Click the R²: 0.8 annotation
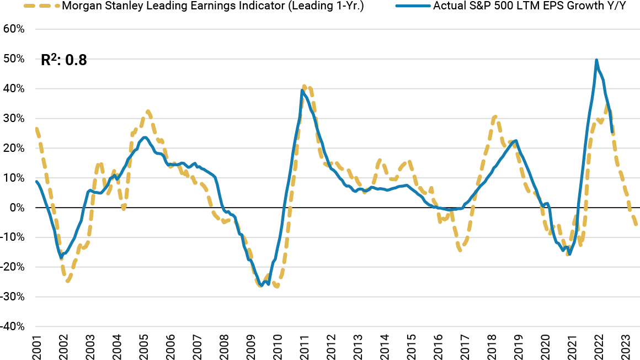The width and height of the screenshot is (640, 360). [64, 60]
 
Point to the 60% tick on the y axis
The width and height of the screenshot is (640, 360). [14, 29]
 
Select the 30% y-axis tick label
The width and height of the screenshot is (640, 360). [14, 118]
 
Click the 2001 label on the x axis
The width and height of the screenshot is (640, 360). [36, 346]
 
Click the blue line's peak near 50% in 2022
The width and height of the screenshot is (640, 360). [596, 60]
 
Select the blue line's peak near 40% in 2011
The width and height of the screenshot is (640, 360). [302, 91]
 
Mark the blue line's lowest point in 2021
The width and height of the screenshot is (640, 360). [569, 254]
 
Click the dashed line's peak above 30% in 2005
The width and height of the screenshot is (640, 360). [148, 112]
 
